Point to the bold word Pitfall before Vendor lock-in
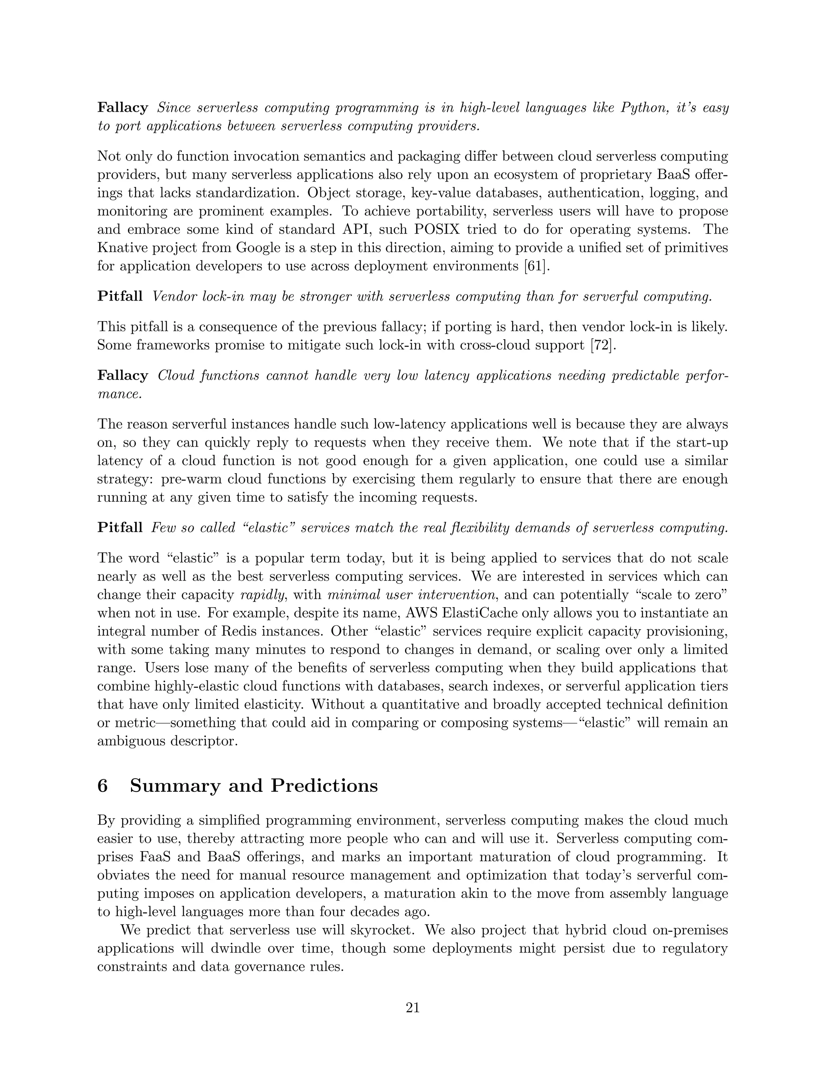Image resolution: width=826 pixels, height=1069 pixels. pyautogui.click(x=120, y=296)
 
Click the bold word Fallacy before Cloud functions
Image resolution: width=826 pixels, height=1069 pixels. pyautogui.click(x=123, y=376)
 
